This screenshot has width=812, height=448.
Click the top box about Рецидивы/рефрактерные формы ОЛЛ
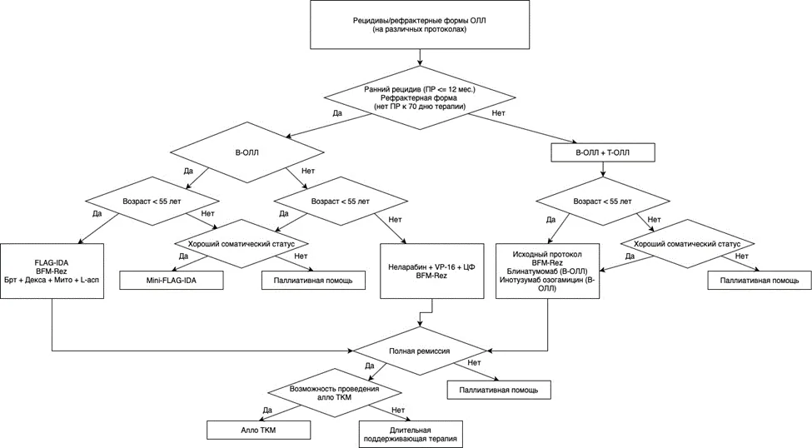point(420,25)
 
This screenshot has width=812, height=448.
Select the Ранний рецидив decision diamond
point(420,98)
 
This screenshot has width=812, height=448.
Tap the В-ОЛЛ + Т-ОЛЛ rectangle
point(603,152)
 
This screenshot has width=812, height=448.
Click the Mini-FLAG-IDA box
point(172,280)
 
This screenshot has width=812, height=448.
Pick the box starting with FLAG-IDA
point(52,271)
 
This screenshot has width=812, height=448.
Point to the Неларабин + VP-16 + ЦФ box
point(431,271)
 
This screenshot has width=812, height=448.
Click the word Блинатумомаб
point(531,271)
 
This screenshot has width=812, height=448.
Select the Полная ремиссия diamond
point(420,351)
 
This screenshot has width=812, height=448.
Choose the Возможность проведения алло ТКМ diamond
point(334,392)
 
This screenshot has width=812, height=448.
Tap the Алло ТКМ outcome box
point(258,430)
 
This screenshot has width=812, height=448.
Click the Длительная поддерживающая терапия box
point(411,434)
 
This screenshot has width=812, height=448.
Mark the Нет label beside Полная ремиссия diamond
point(474,362)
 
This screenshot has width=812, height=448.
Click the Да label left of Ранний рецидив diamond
point(337,113)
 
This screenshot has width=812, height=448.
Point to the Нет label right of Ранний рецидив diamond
point(498,112)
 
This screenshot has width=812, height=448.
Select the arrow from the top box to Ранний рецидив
point(420,57)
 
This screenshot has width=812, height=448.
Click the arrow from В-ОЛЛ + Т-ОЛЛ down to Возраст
point(602,169)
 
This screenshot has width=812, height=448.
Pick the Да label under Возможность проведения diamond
point(267,411)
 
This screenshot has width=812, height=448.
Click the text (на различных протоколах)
point(420,29)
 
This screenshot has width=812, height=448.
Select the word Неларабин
point(406,267)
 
